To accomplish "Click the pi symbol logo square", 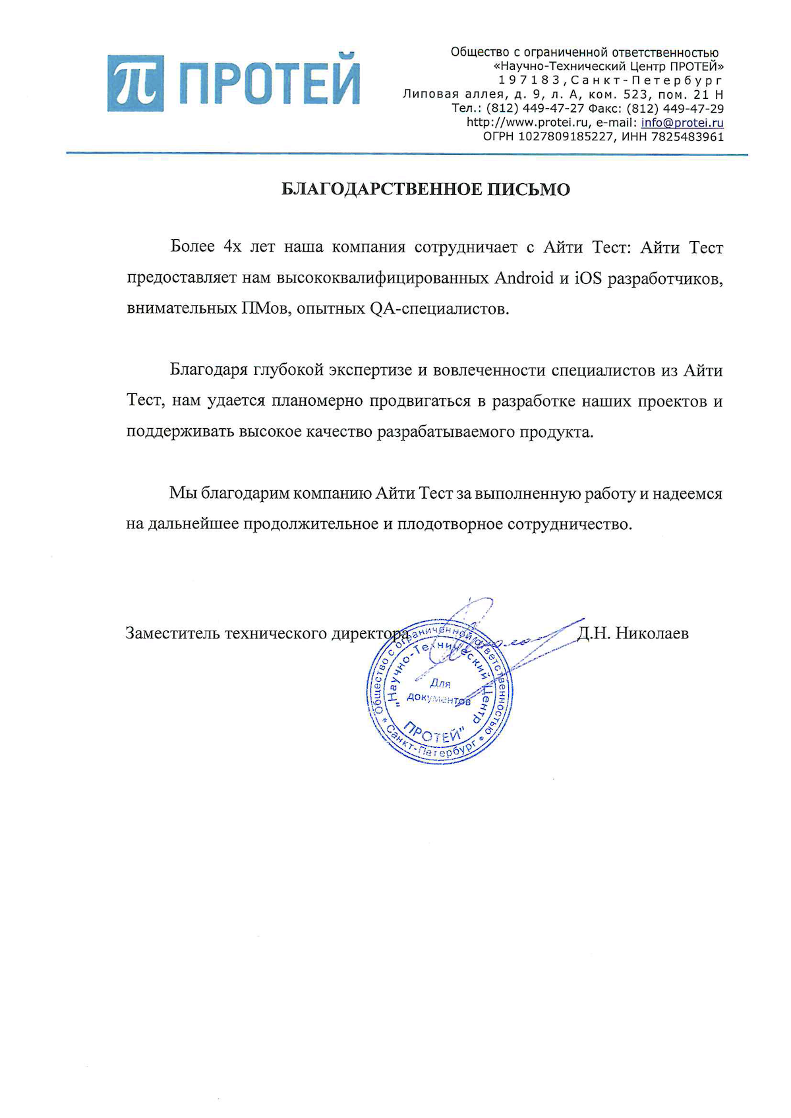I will [136, 83].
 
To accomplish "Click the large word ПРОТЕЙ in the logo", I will [270, 84].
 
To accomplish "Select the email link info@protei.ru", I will [682, 123].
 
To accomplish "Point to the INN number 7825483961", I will [688, 137].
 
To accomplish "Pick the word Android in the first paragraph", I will [524, 278].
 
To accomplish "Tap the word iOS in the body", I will [587, 278].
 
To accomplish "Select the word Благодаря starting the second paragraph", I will [207, 370].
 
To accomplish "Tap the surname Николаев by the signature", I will [651, 634].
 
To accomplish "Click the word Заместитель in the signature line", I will [173, 634].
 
